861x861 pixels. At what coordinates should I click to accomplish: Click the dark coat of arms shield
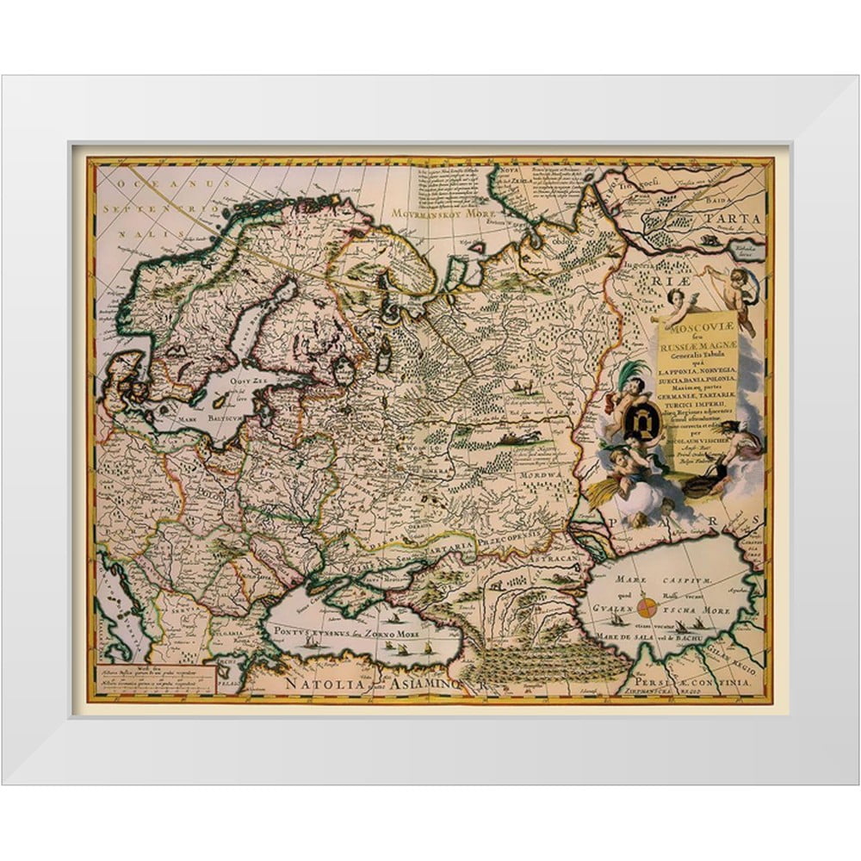click(x=641, y=422)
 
